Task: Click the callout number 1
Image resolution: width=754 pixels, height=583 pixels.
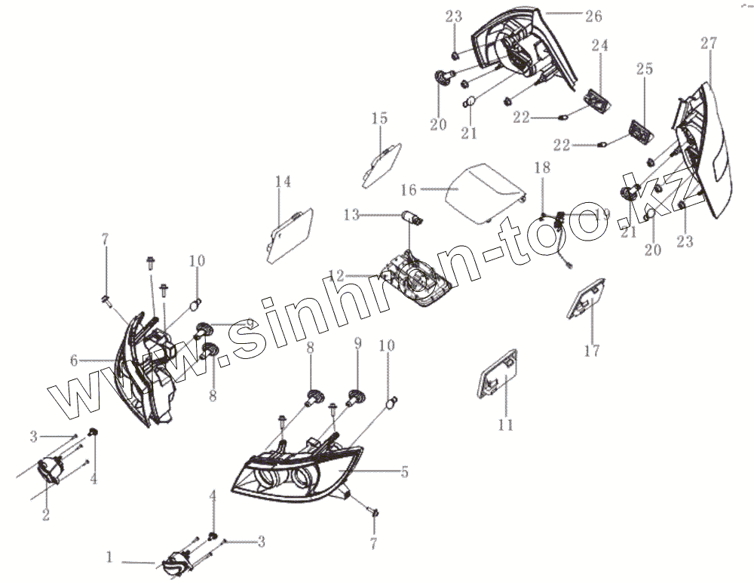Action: point(110,559)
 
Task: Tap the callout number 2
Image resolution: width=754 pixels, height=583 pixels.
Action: point(46,515)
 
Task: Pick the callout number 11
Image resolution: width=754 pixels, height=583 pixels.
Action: point(505,425)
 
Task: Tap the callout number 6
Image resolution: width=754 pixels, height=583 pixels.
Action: point(74,361)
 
